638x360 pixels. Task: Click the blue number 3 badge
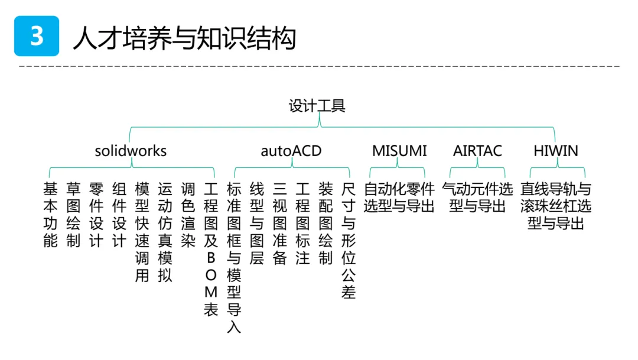coord(37,36)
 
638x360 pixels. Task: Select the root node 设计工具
coord(317,106)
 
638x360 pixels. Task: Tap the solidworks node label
coord(131,151)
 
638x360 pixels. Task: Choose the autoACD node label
coord(291,151)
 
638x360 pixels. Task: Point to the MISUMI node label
coord(399,151)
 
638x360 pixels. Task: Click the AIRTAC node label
coord(477,151)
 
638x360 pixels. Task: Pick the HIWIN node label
coord(556,151)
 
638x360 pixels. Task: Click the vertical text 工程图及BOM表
coord(211,249)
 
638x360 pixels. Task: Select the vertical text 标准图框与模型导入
coord(234,258)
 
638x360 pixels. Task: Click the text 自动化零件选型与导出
coord(399,197)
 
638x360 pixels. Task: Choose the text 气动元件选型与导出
coord(477,197)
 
